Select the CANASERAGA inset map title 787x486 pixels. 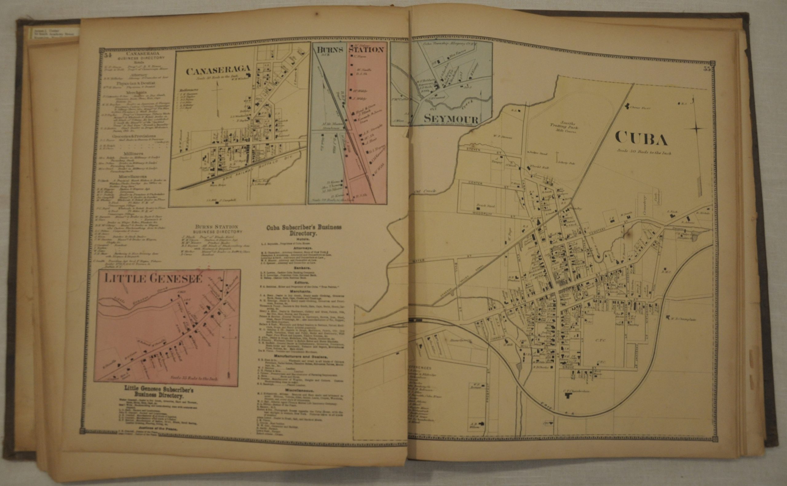point(218,70)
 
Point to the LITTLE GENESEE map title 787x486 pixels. point(153,279)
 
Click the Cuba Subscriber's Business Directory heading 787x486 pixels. point(304,230)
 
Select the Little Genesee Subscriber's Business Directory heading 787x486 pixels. point(159,392)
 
